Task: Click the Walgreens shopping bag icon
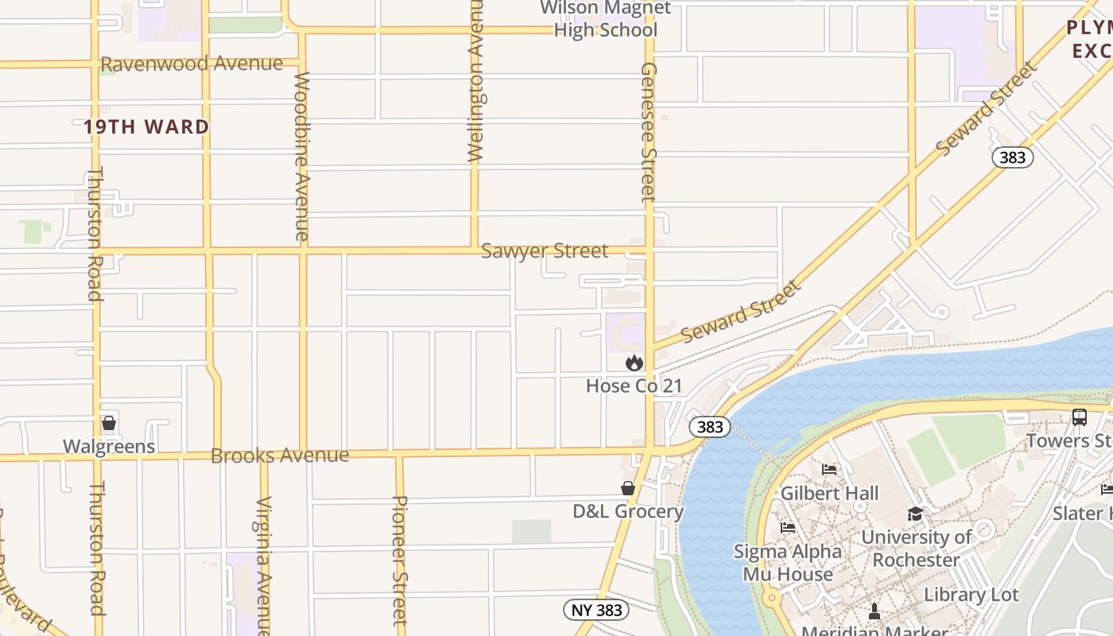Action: coord(109,423)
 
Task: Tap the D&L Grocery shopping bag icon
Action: coord(628,488)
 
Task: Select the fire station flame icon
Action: coord(634,363)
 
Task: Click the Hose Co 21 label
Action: coord(634,386)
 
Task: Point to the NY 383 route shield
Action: coord(596,610)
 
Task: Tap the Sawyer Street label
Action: coord(545,251)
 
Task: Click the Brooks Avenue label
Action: coord(280,456)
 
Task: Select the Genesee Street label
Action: coord(649,131)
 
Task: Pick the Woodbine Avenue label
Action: coord(302,156)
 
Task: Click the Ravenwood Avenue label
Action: coord(192,64)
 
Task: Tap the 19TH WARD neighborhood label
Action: coord(146,127)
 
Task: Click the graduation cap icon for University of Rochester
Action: coord(915,514)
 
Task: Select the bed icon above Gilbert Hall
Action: coord(829,470)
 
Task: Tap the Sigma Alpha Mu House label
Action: coord(787,563)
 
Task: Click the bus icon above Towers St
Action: coord(1079,417)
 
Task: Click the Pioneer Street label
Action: coord(400,560)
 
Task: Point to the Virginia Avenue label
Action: coord(264,564)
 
